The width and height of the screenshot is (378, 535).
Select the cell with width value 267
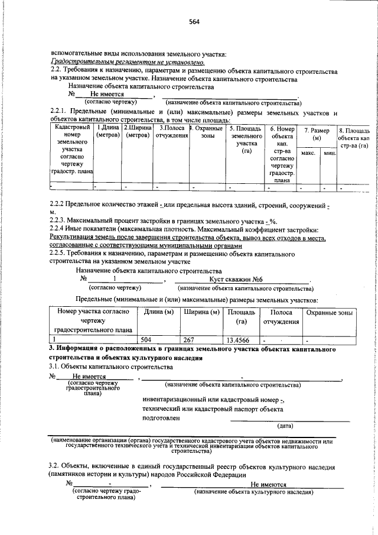click(188, 340)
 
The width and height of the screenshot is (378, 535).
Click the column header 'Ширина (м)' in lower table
click(200, 312)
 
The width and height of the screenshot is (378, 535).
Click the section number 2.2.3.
click(60, 221)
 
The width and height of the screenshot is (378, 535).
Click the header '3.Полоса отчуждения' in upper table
click(172, 131)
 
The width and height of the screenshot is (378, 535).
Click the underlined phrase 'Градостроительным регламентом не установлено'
click(128, 62)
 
